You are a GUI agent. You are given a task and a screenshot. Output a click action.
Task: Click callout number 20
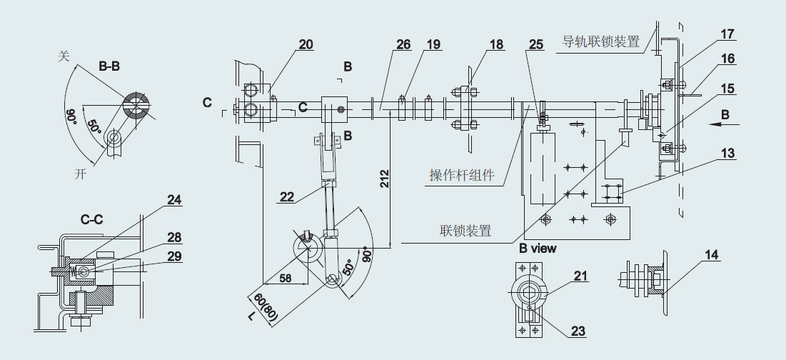306,44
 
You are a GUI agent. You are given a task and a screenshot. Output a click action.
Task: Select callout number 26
403,44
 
